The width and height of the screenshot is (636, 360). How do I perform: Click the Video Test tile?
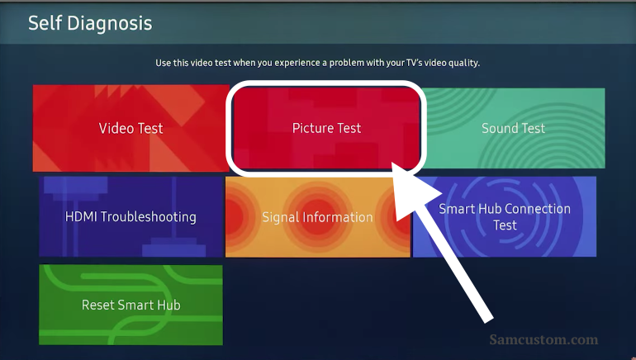(x=131, y=128)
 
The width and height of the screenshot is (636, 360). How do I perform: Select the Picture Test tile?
(x=326, y=128)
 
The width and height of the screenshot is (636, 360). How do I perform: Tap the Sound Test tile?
(x=513, y=128)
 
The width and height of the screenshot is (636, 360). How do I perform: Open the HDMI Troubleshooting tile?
(x=131, y=216)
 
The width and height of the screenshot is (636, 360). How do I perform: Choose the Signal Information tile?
(x=318, y=217)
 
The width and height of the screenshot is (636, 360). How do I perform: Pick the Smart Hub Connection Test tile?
(x=505, y=216)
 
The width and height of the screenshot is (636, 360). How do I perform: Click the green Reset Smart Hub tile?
(x=131, y=305)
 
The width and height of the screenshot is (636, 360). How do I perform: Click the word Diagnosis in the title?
(x=110, y=23)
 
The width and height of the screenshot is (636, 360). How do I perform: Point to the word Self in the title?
(x=45, y=22)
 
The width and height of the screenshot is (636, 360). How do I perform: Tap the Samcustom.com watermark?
(x=543, y=339)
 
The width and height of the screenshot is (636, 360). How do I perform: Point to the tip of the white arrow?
(x=392, y=163)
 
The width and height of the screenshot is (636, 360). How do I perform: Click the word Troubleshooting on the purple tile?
(x=148, y=217)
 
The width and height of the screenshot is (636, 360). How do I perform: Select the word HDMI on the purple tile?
(x=81, y=216)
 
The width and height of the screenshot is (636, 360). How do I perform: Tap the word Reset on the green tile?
(x=97, y=305)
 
